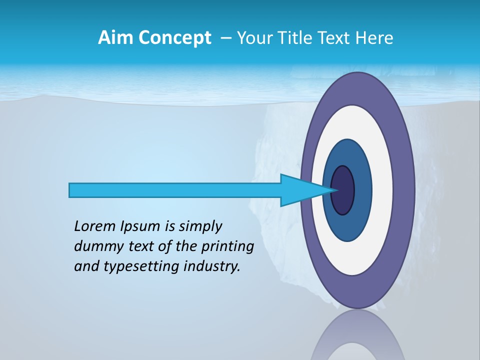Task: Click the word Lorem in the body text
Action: [94, 226]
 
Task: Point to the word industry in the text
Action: [212, 266]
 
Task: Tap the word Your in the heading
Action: [253, 38]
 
